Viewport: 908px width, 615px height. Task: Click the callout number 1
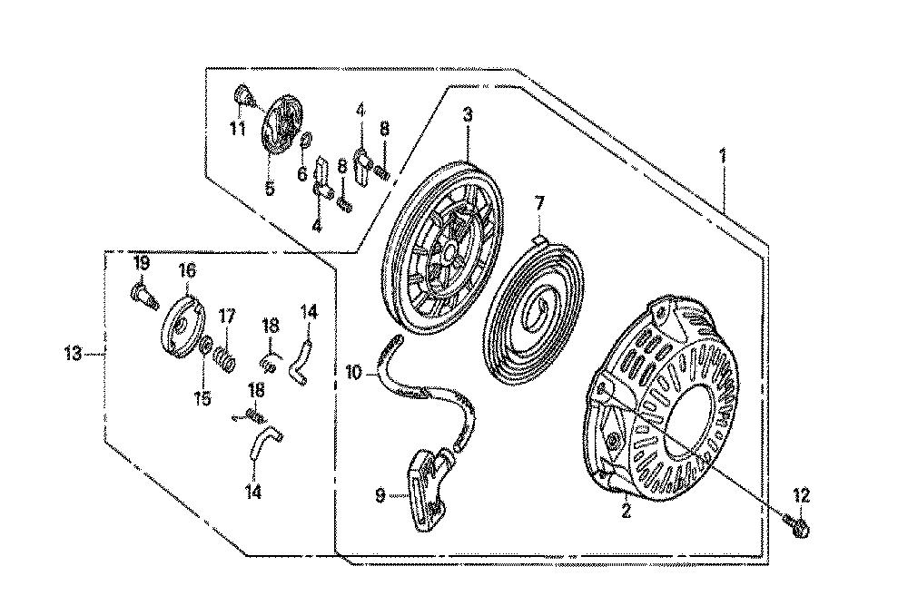723,156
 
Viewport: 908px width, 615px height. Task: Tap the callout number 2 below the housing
626,511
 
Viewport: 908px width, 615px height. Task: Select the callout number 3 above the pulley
468,115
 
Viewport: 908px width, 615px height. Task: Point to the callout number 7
539,204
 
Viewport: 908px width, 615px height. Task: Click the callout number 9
380,496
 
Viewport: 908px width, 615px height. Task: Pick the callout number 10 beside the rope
354,372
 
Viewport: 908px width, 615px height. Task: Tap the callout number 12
802,495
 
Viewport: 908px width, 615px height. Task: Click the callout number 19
142,264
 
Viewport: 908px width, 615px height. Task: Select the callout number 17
226,316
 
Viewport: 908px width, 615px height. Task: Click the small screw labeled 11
244,97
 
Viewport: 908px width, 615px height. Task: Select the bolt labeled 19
143,297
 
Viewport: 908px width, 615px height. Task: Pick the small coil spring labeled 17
224,360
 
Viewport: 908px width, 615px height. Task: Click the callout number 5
270,189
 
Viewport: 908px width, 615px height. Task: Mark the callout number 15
202,399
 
